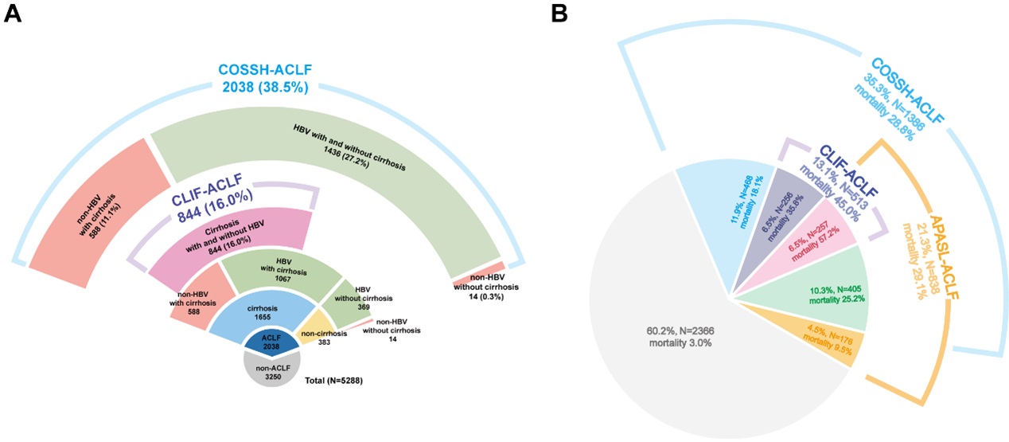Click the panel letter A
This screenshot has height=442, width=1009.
coord(12,13)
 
